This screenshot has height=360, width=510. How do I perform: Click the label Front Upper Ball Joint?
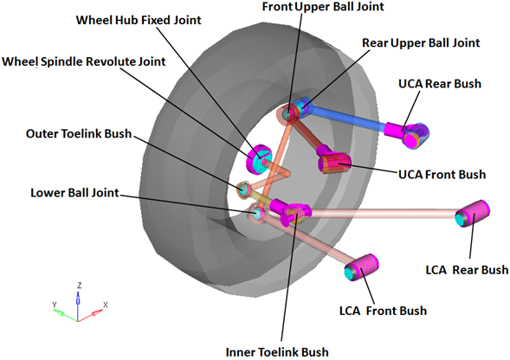(x=323, y=7)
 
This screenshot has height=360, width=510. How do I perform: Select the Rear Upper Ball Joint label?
(x=421, y=42)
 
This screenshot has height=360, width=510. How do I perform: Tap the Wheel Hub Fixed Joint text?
(x=139, y=20)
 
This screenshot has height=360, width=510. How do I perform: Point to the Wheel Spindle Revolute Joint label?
(x=84, y=61)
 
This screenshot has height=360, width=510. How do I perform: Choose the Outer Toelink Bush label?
(x=79, y=133)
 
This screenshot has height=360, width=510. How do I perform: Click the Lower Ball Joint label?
(x=74, y=192)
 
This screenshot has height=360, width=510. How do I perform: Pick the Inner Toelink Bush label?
(x=277, y=352)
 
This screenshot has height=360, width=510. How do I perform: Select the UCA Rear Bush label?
(x=440, y=84)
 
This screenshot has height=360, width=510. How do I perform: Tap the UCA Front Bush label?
(x=442, y=175)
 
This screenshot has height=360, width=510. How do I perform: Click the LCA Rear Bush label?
(x=467, y=270)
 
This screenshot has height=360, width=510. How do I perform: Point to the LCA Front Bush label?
(x=384, y=311)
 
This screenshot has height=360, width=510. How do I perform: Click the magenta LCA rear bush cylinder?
(x=472, y=214)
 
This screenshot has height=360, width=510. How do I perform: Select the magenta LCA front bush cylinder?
(x=361, y=267)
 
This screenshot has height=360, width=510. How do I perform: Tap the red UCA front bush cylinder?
(x=334, y=163)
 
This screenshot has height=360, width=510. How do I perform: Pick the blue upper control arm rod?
(x=347, y=119)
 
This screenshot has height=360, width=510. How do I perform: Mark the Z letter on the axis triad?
(x=79, y=286)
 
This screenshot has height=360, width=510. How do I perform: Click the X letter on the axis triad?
(x=106, y=305)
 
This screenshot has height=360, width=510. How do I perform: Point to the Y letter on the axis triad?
(x=55, y=305)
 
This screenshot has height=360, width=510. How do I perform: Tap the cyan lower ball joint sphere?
(x=257, y=214)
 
